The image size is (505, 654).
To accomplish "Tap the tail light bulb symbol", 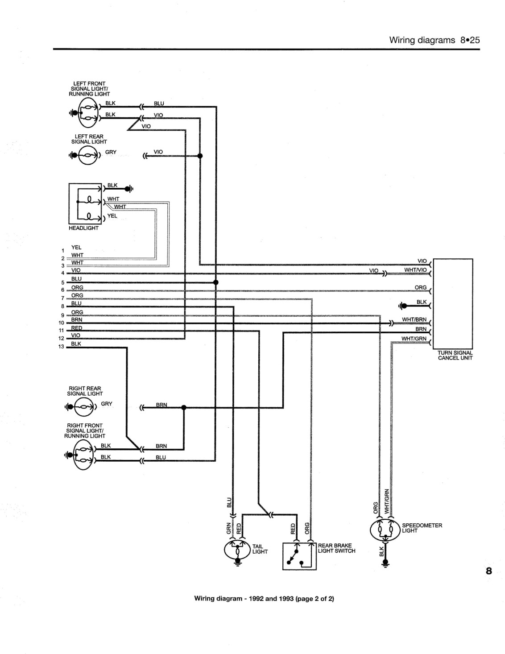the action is (x=237, y=551).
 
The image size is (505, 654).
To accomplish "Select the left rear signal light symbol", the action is (x=87, y=155).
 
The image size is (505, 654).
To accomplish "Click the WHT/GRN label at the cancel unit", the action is (x=414, y=339).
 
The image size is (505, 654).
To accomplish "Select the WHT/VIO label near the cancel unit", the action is (x=415, y=269).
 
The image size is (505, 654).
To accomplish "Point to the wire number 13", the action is (x=61, y=347).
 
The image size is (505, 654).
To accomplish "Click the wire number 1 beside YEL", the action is (x=62, y=250).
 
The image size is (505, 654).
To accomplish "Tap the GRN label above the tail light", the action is (x=228, y=528).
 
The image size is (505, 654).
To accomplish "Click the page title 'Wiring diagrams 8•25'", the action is (x=434, y=40).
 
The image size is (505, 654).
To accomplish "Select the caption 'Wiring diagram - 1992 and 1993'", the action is (x=244, y=598).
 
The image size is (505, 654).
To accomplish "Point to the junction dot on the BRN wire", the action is (x=184, y=407).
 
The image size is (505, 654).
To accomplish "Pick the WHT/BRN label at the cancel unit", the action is (x=414, y=319).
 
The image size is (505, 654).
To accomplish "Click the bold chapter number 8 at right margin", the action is (x=489, y=571).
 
